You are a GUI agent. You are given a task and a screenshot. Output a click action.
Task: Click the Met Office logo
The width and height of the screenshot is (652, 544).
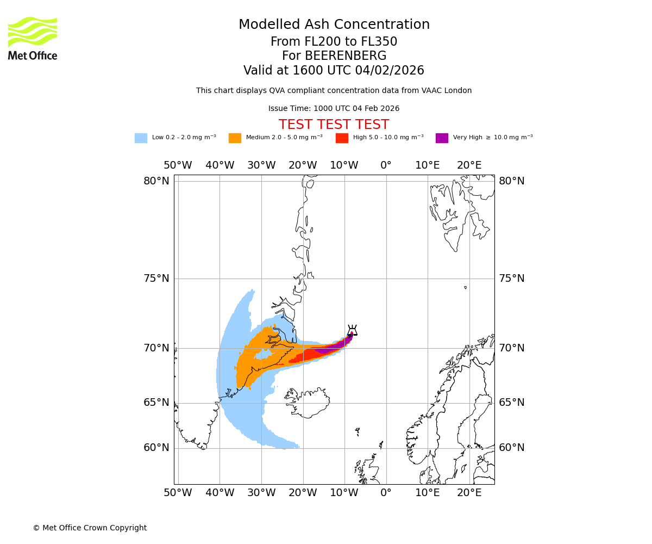[33, 38]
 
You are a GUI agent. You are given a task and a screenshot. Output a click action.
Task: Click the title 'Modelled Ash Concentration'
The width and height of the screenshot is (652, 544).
[334, 25]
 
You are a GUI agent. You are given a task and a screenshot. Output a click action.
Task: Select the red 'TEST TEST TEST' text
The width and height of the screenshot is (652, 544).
[334, 125]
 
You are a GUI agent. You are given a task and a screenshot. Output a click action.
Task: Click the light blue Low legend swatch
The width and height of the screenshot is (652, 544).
[141, 138]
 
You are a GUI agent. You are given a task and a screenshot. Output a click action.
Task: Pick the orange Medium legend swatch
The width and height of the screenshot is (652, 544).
[235, 138]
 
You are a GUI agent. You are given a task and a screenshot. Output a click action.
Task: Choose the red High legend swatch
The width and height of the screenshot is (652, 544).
[342, 138]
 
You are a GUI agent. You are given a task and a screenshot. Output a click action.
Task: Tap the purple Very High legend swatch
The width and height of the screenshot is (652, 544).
[442, 138]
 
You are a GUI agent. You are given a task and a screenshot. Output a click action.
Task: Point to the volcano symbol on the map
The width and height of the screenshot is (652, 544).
[352, 330]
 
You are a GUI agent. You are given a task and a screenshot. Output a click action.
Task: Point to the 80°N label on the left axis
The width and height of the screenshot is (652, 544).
[156, 181]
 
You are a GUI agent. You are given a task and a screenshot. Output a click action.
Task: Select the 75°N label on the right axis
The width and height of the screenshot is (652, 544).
[512, 279]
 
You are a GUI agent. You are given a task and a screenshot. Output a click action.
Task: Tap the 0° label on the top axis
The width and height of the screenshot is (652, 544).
[386, 165]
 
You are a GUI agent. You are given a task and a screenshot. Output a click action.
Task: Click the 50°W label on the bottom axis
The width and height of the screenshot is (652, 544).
[178, 493]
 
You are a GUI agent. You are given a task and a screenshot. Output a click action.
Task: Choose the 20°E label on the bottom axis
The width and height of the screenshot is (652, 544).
[469, 493]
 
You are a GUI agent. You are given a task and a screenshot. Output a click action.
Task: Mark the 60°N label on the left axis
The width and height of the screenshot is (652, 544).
[156, 448]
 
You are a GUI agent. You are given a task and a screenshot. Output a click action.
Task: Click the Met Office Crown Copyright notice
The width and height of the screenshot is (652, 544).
[90, 528]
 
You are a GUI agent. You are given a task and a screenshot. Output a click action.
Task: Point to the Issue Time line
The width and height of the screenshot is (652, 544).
[334, 109]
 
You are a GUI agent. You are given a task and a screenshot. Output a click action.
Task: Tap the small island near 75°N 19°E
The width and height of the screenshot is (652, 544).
[465, 287]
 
